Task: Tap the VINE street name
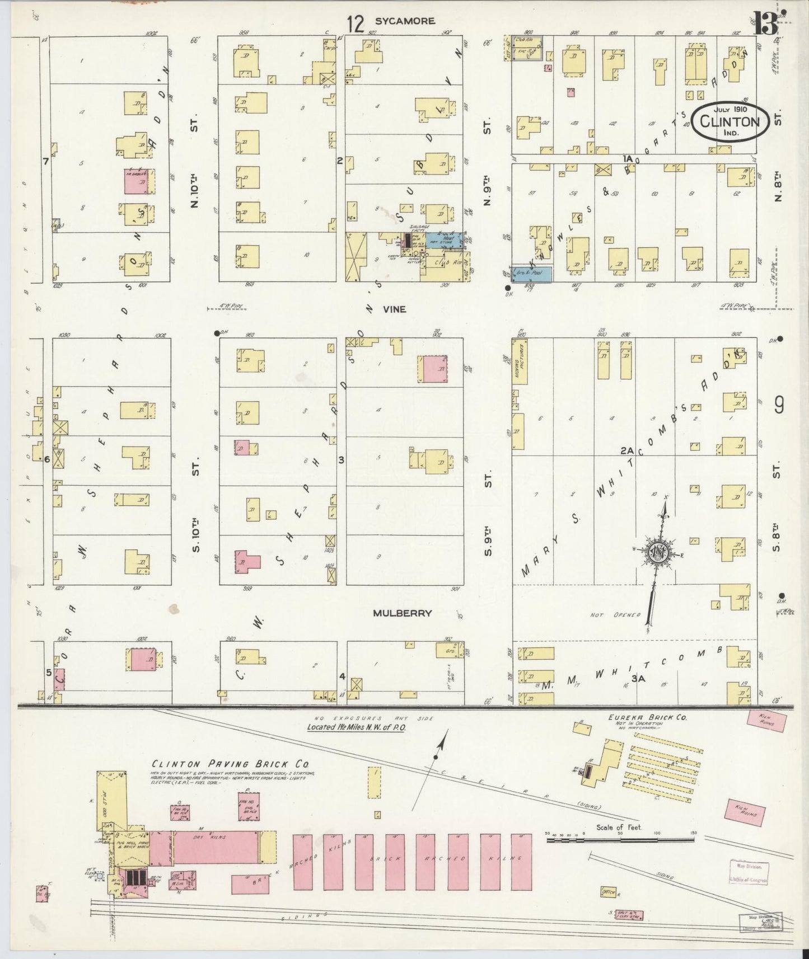coord(394,309)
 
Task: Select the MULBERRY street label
coord(403,613)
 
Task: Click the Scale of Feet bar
coord(620,839)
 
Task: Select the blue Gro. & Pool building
coord(532,274)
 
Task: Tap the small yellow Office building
coord(607,890)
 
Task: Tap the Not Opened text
coord(615,615)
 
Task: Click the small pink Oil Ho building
coord(41,894)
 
